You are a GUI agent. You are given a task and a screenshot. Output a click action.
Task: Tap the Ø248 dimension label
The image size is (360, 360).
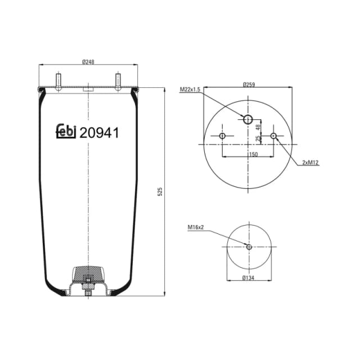coord(88,62)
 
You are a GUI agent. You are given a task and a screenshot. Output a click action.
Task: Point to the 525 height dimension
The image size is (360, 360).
coord(160,191)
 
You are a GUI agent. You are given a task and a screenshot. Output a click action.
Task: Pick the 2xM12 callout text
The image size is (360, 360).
coord(310,163)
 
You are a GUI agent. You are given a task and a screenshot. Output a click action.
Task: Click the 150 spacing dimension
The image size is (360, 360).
coord(254,155)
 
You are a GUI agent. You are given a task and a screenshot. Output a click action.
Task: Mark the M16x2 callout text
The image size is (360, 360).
coord(195,227)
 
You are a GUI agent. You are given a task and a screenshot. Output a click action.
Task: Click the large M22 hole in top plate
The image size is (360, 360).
coord(248,119)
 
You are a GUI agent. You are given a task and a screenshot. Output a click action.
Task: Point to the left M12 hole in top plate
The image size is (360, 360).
coord(223,136)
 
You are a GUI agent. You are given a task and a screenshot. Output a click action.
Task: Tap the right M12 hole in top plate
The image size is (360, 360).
coord(273,136)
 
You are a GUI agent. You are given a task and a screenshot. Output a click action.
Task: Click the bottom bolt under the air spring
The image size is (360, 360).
coord(88,291)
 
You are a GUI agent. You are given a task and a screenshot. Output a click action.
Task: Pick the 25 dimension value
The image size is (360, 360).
coord(259,138)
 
